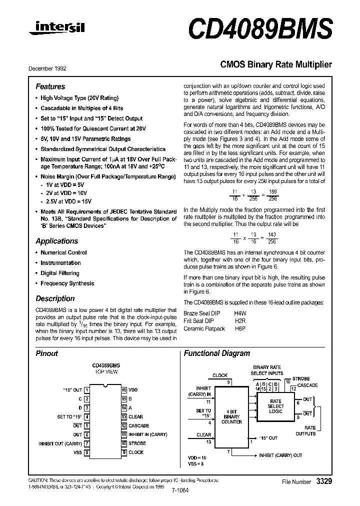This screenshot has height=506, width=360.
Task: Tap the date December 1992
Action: tap(50, 68)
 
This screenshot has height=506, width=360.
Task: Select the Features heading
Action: tap(50, 86)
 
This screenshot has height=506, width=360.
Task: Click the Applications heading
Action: tap(56, 241)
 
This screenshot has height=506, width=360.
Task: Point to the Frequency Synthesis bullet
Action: tap(67, 283)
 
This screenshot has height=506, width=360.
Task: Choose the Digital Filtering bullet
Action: tap(59, 273)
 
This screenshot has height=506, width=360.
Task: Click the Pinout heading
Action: tap(46, 353)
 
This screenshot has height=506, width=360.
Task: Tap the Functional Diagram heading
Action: tap(216, 353)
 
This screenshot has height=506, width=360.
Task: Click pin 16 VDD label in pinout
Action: tap(132, 389)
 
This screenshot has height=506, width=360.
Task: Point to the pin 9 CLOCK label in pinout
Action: tap(135, 452)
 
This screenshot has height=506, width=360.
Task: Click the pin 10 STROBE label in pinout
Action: tap(137, 443)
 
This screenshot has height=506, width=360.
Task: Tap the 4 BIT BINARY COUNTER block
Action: tap(231, 416)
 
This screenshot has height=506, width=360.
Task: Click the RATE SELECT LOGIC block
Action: tap(275, 406)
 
